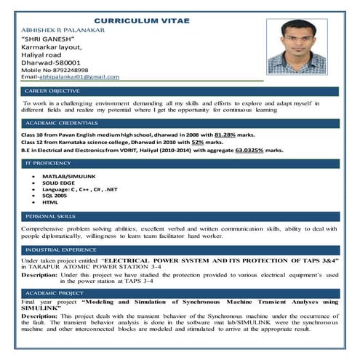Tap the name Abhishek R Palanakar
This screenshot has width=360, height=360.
pyautogui.click(x=64, y=31)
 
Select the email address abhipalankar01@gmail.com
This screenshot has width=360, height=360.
pyautogui.click(x=79, y=76)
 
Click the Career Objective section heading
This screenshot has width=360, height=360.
pyautogui.click(x=52, y=91)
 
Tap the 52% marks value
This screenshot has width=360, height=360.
pyautogui.click(x=217, y=143)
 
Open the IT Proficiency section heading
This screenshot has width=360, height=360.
pyautogui.click(x=48, y=164)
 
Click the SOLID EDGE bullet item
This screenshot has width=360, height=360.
pyautogui.click(x=60, y=183)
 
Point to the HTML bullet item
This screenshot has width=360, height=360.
pyautogui.click(x=50, y=202)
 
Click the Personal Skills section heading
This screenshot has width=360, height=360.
pyautogui.click(x=50, y=217)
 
